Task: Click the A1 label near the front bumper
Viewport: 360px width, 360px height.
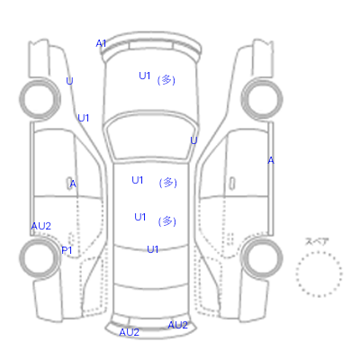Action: coord(101,43)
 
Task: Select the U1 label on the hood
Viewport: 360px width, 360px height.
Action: coord(144,76)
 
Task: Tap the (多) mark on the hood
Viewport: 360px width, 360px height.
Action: coord(166,80)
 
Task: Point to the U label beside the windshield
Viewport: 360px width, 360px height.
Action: coord(193,140)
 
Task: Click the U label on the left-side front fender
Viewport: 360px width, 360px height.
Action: coord(69,81)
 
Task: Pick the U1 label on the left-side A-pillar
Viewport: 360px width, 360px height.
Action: coord(84,118)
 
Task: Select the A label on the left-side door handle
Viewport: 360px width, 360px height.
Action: coord(73,184)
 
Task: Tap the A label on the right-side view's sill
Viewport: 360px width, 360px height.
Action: coord(271,160)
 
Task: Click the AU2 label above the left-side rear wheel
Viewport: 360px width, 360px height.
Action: coord(41,226)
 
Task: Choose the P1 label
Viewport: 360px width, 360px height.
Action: coord(67,250)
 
